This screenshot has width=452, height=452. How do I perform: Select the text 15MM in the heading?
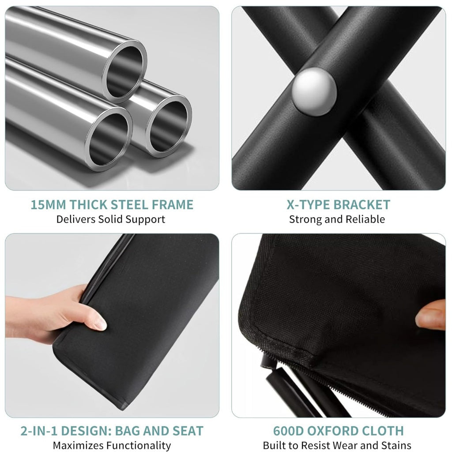pyautogui.click(x=49, y=205)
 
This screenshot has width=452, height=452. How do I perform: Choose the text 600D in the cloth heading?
pyautogui.click(x=288, y=431)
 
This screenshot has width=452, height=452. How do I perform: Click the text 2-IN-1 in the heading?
pyautogui.click(x=37, y=431)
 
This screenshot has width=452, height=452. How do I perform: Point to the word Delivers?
pyautogui.click(x=76, y=219)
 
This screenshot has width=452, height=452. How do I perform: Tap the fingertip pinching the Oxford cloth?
pyautogui.click(x=430, y=315)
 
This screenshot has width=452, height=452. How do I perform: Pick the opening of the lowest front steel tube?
pyautogui.click(x=109, y=139)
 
